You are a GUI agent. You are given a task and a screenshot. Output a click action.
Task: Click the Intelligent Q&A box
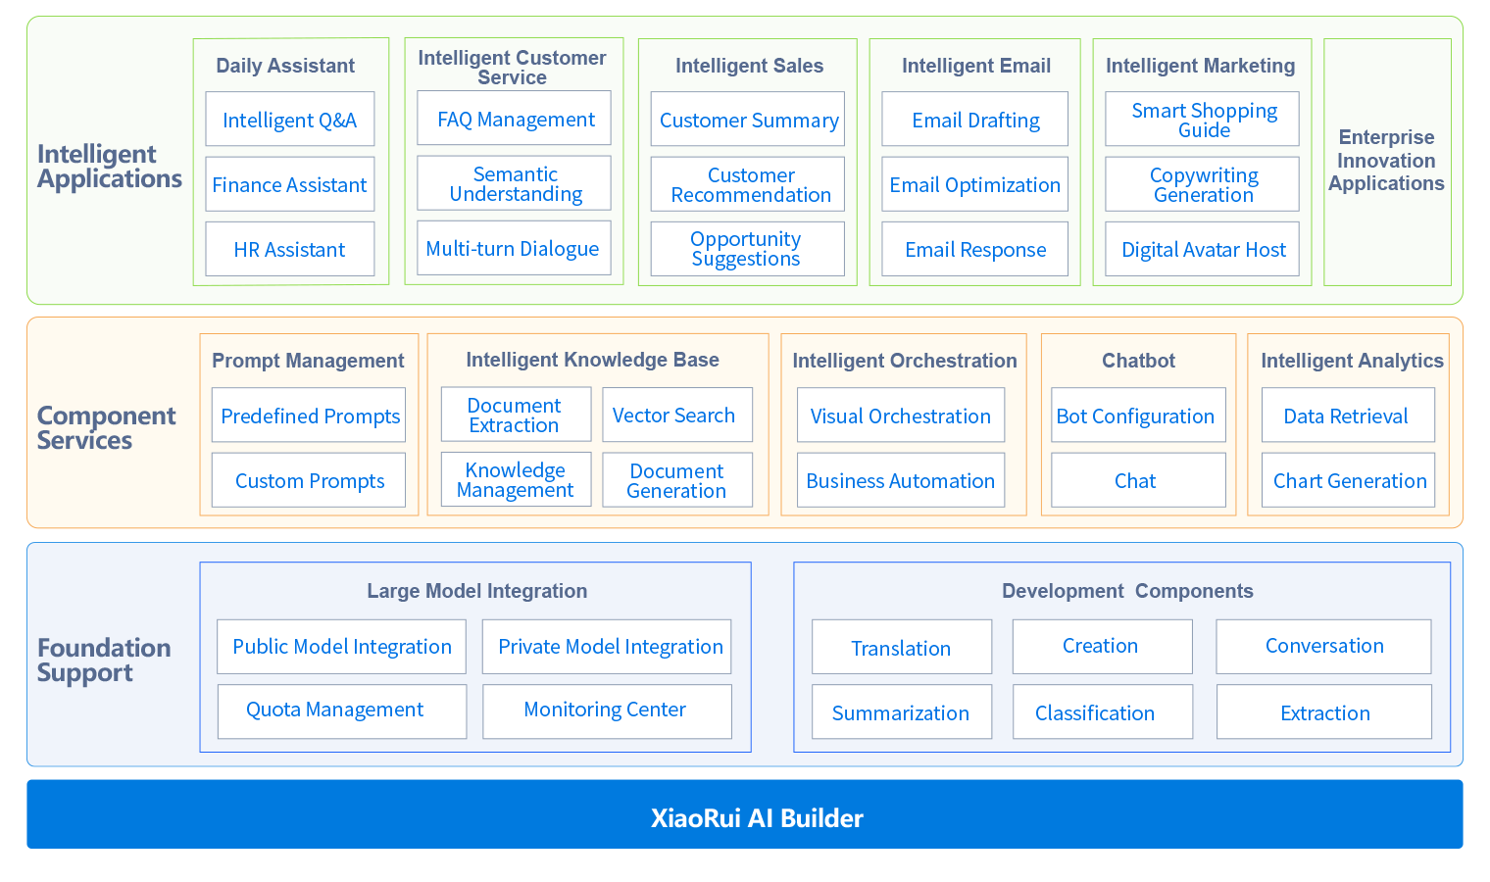point(289,120)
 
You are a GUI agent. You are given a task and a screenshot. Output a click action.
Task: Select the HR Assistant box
point(289,249)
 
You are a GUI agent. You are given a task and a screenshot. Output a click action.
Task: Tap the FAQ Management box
point(515,119)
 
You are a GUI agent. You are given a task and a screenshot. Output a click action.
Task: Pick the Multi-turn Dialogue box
point(513,248)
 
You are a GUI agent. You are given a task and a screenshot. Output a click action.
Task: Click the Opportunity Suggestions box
point(747,249)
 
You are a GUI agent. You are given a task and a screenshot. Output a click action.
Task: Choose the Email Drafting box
point(975,120)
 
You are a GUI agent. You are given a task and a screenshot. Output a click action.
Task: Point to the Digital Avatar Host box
point(1203,249)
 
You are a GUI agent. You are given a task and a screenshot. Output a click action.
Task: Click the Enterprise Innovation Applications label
point(1386,161)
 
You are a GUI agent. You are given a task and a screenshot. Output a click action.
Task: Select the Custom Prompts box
point(309,480)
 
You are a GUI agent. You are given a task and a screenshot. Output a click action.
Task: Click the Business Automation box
point(900,480)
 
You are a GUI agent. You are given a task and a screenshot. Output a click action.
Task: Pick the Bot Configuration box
point(1137,416)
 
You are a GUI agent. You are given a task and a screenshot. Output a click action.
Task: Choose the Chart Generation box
point(1349,480)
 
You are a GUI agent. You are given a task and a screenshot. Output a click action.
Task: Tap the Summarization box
point(901,712)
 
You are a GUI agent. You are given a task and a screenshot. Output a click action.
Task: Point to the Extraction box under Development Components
point(1324,712)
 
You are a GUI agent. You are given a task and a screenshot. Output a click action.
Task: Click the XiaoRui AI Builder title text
point(757,818)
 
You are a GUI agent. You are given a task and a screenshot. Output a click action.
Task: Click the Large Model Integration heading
point(476,591)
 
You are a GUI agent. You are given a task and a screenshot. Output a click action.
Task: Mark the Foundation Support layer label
point(103,660)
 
